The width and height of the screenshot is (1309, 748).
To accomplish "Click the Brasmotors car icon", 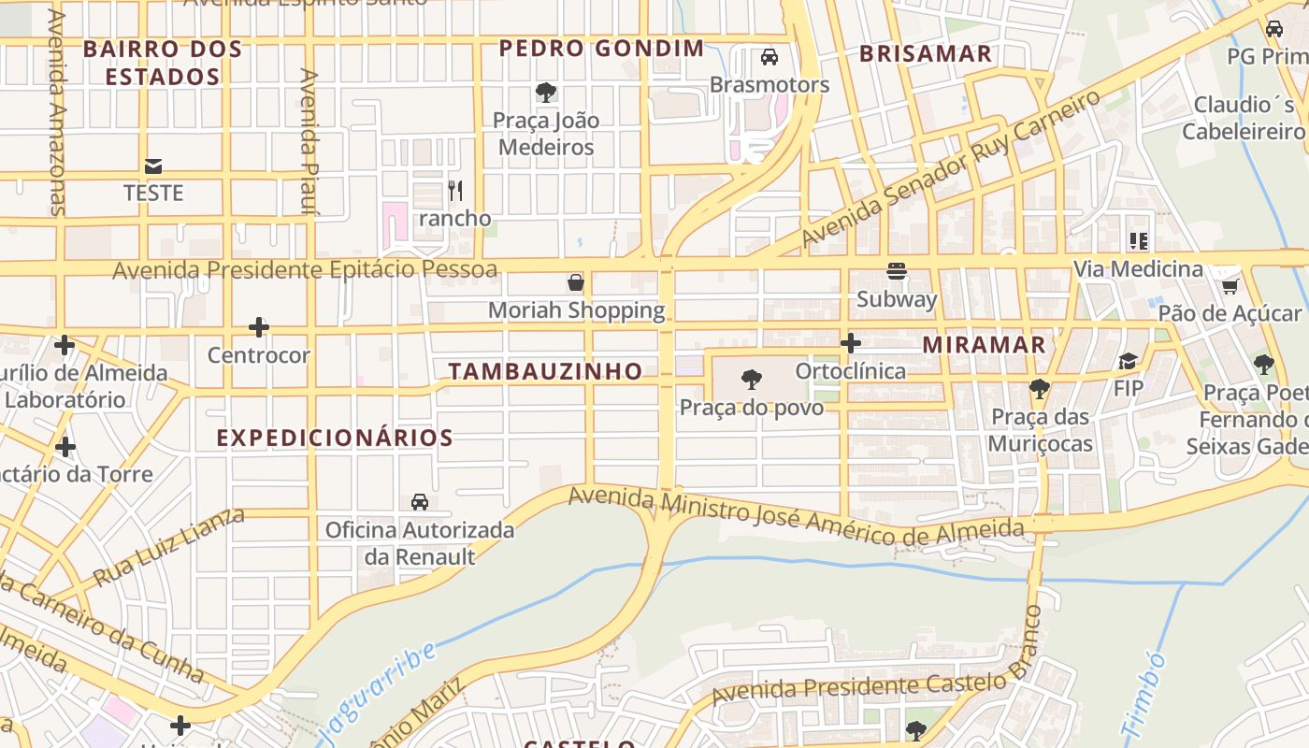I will tap(770, 57).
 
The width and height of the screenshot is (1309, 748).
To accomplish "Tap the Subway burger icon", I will tap(897, 271).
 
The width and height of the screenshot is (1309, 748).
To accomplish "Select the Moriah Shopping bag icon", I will tap(576, 282).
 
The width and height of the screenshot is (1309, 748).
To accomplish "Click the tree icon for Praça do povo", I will tap(751, 380).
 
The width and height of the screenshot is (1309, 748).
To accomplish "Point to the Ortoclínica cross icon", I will tap(850, 343).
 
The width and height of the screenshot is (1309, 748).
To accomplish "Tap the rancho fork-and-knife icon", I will tap(455, 191).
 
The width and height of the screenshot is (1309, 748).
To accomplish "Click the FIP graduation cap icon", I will tap(1129, 361).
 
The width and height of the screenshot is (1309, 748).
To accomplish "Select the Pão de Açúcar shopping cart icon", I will tap(1230, 286).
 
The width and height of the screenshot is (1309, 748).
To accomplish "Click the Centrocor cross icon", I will tap(259, 327).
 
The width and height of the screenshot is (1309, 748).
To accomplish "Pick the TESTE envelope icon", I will tap(153, 166).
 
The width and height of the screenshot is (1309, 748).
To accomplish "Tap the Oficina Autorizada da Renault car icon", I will tap(420, 502).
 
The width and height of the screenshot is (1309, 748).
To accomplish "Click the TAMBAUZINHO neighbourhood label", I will tap(545, 371).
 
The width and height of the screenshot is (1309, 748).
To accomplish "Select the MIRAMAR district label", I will tap(984, 344).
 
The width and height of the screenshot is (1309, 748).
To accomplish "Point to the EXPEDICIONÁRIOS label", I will tap(335, 438).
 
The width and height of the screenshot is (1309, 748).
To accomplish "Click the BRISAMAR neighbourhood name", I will tap(926, 53).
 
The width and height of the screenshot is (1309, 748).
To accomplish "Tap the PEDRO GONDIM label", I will tap(601, 49).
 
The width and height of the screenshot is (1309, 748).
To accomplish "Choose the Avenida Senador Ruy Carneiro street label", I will tap(951, 171).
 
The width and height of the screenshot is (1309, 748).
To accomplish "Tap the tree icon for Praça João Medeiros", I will tap(546, 93).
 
